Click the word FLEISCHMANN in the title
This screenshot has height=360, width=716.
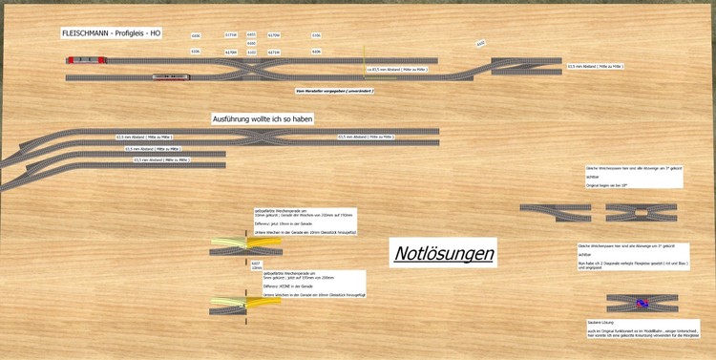click(x=83, y=32)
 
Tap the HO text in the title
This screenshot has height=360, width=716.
click(x=155, y=32)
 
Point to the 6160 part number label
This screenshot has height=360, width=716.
click(x=251, y=43)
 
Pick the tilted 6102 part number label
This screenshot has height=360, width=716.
click(x=481, y=43)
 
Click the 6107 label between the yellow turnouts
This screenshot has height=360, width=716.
click(x=256, y=263)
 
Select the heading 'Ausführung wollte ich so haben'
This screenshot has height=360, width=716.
click(x=263, y=118)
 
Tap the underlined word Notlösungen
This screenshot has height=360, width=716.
click(x=443, y=253)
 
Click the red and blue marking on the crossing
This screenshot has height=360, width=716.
click(x=642, y=303)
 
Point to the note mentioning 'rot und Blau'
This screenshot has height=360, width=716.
click(x=625, y=256)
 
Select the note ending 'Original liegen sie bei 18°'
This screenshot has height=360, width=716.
click(x=631, y=179)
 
